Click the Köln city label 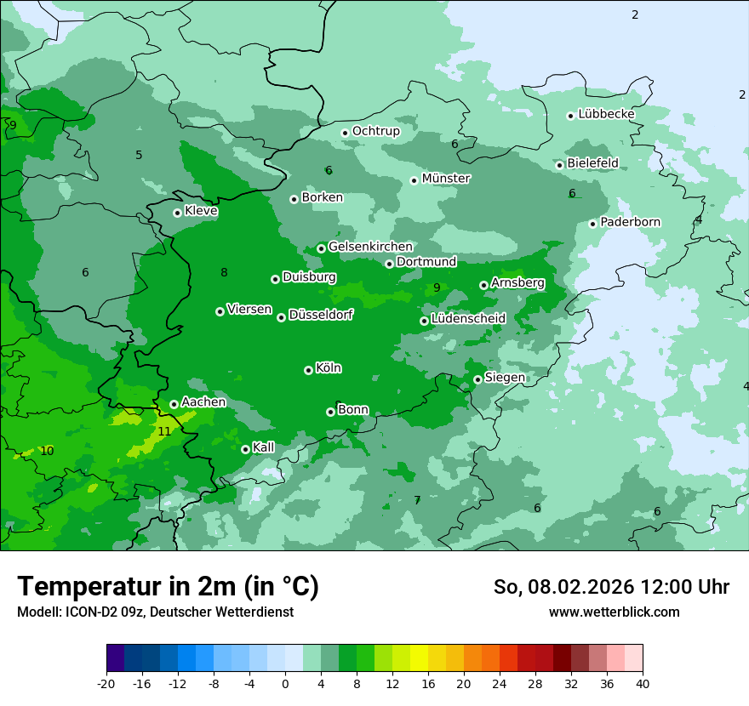pyautogui.click(x=329, y=368)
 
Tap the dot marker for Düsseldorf pyautogui.click(x=281, y=317)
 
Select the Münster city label pyautogui.click(x=446, y=179)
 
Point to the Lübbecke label pyautogui.click(x=606, y=114)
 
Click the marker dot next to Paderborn pyautogui.click(x=592, y=224)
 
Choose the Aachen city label pyautogui.click(x=203, y=402)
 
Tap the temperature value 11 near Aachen pyautogui.click(x=164, y=431)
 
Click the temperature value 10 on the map pyautogui.click(x=47, y=451)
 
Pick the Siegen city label pyautogui.click(x=505, y=378)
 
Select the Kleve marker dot pyautogui.click(x=177, y=213)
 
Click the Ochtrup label pyautogui.click(x=375, y=131)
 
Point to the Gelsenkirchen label pyautogui.click(x=370, y=247)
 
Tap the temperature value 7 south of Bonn pyautogui.click(x=417, y=500)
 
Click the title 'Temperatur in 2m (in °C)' pyautogui.click(x=168, y=587)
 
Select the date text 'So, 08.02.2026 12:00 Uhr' pyautogui.click(x=611, y=587)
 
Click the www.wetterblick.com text pyautogui.click(x=614, y=612)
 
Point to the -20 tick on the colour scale pyautogui.click(x=106, y=683)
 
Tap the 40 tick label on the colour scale pyautogui.click(x=643, y=683)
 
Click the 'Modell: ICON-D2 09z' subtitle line pyautogui.click(x=155, y=612)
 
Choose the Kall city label pyautogui.click(x=264, y=447)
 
